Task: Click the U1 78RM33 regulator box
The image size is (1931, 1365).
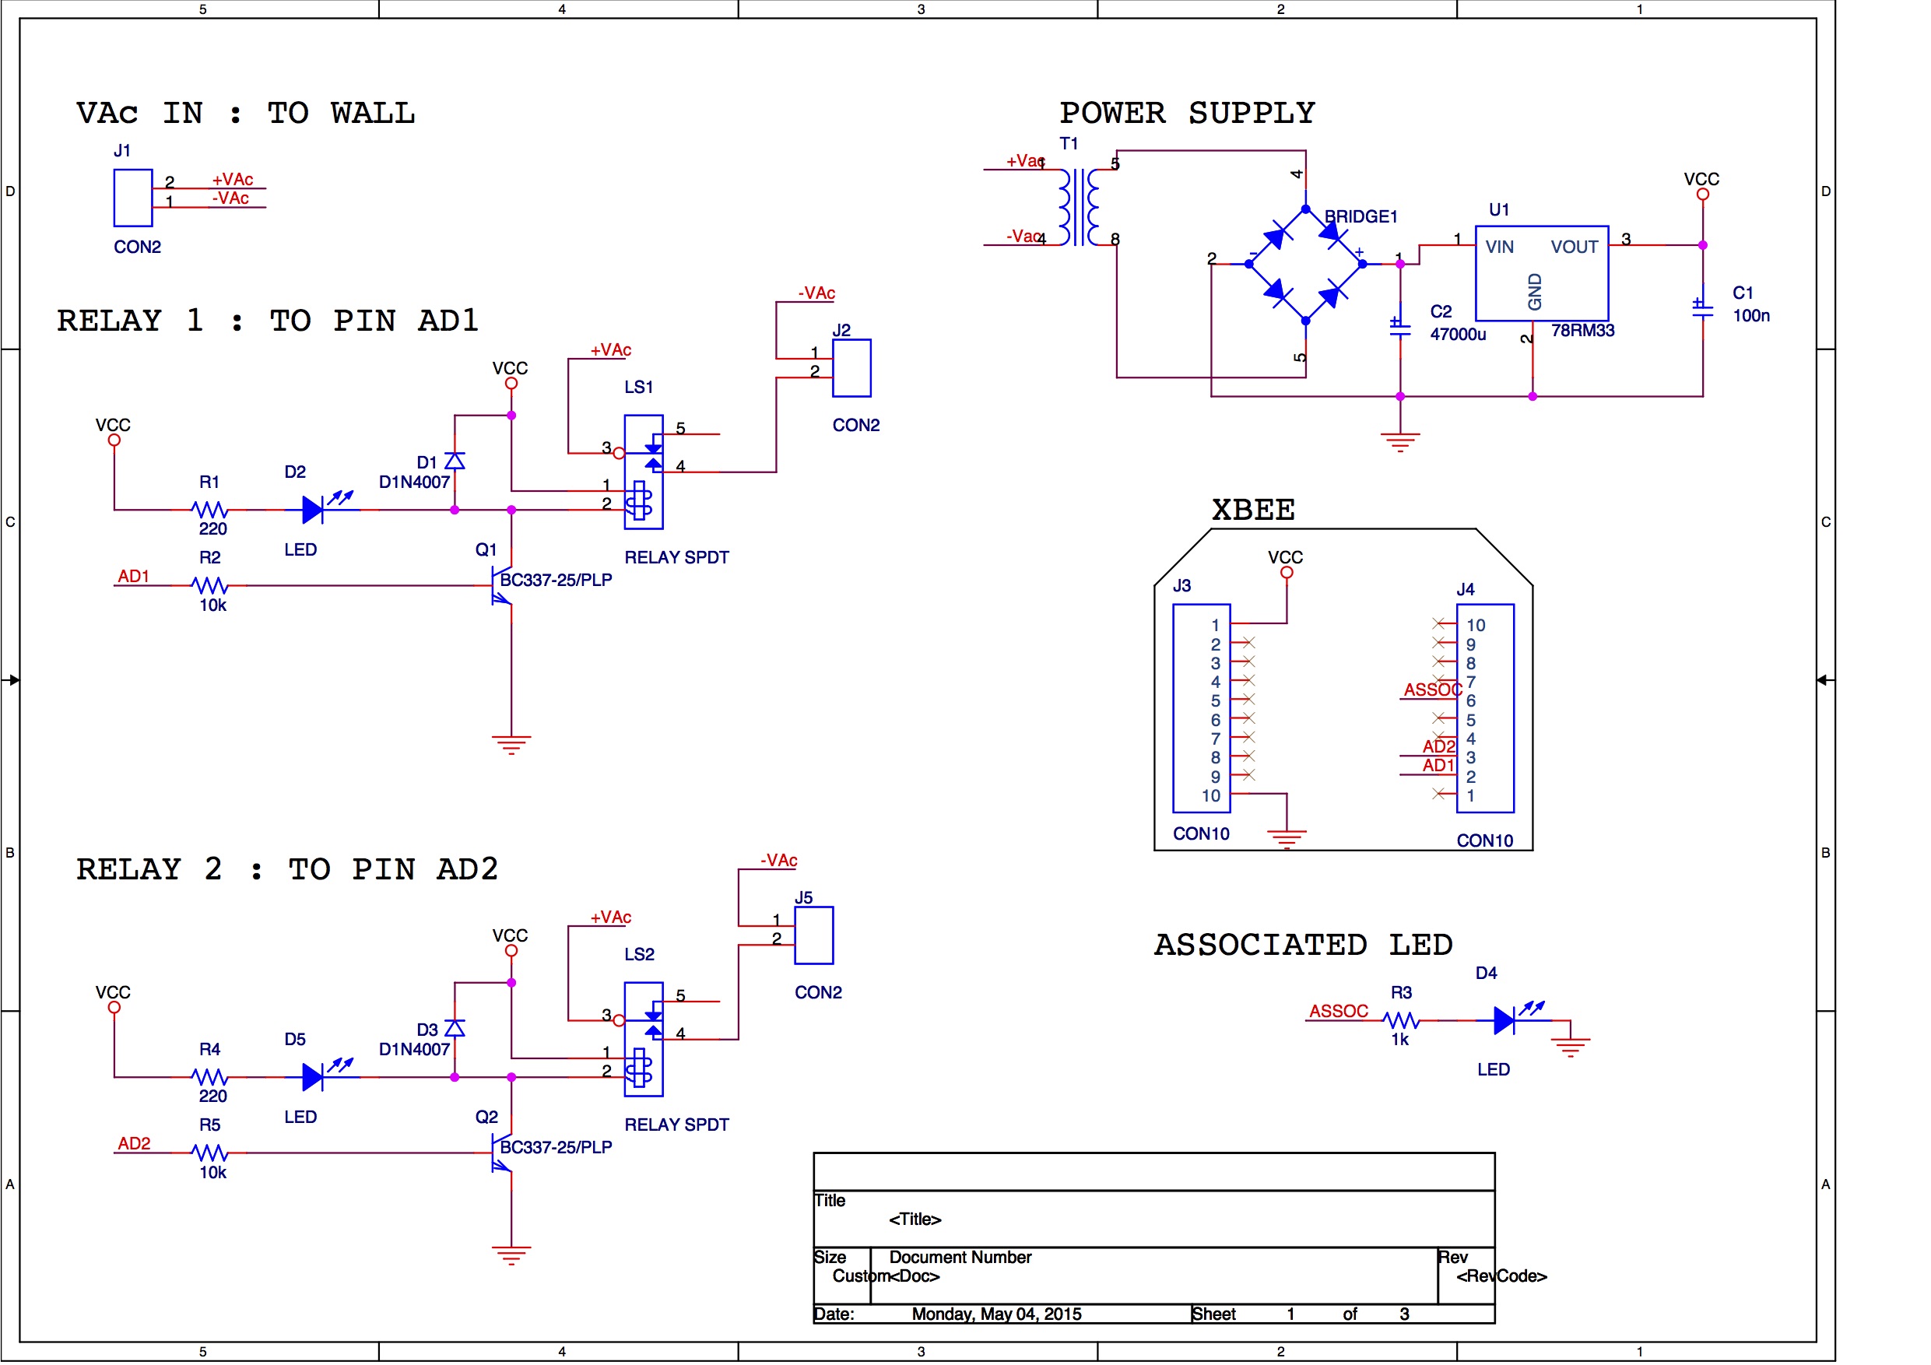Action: (x=1542, y=272)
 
